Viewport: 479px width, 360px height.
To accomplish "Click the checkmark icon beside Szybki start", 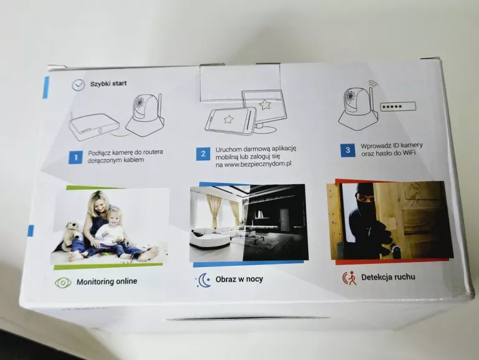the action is [79, 85].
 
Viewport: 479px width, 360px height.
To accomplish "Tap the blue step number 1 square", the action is [75, 157].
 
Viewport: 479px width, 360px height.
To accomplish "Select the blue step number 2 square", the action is [203, 153].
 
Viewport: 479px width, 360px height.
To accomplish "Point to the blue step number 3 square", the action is [347, 150].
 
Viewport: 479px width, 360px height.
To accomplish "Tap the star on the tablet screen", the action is [228, 119].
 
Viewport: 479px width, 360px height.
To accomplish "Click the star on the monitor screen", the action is [265, 105].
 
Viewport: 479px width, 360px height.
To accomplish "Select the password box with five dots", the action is [398, 107].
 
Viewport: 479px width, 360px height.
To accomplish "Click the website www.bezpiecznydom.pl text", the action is [258, 164].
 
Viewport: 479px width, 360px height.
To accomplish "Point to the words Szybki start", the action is [108, 84].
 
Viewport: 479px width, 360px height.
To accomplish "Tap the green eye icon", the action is [63, 283].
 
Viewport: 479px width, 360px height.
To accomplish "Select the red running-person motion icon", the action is [349, 278].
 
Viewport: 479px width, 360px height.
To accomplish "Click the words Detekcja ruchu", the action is [388, 277].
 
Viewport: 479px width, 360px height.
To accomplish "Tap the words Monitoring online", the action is [107, 281].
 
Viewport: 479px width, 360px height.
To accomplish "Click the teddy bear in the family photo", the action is [72, 235].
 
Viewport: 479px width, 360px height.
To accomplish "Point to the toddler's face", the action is [114, 218].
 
